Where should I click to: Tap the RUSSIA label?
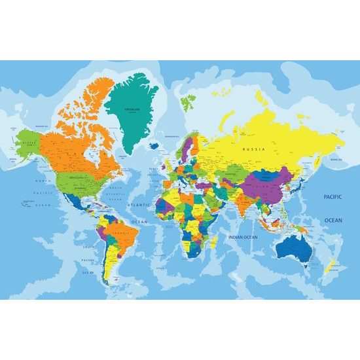point(253,149)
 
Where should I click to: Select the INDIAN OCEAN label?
point(242,236)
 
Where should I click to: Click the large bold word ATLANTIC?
point(137,205)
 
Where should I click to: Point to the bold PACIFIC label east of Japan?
point(333,196)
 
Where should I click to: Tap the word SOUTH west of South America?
point(89,247)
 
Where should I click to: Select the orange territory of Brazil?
point(120,232)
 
